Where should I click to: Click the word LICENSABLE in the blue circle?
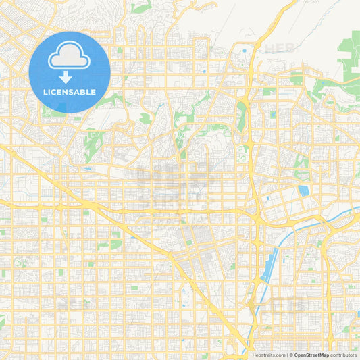(x=70, y=92)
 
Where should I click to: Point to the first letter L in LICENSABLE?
(x=45, y=92)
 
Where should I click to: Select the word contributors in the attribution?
(x=344, y=355)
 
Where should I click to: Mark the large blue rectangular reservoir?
(x=303, y=191)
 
